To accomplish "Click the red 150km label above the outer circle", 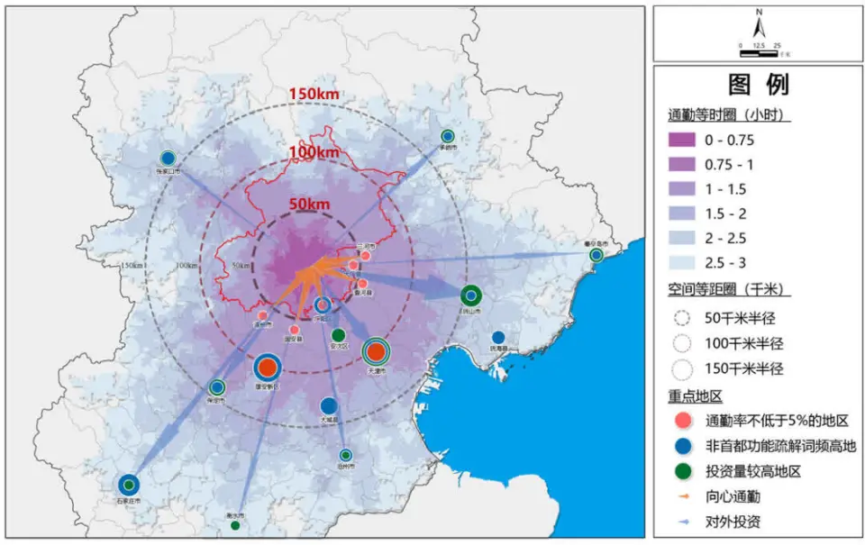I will (314, 94).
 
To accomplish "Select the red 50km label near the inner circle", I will (309, 204).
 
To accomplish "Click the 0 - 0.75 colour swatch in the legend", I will (681, 140).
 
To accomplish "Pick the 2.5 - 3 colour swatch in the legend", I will (681, 262).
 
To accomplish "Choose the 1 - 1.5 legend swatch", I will (681, 189).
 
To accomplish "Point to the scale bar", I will (758, 52).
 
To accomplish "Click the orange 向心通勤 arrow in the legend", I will (681, 496).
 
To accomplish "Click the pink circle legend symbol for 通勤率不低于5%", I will (681, 421).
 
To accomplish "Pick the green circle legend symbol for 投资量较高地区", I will (681, 471).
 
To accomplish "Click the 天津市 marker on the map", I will (377, 351).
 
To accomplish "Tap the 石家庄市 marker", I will (128, 485).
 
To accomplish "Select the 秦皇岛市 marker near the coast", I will (596, 256).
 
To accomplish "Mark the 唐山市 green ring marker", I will (470, 295).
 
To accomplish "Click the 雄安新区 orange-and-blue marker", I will (267, 367).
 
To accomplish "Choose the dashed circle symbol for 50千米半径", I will (681, 318).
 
